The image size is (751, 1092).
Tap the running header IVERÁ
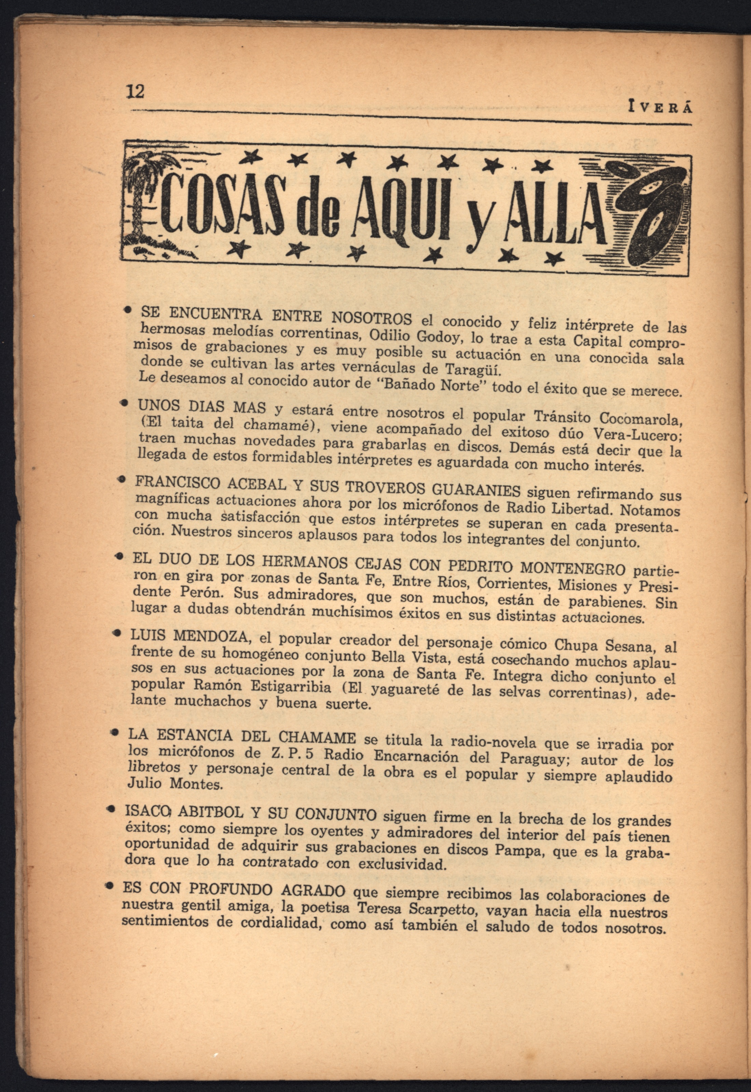tap(661, 107)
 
